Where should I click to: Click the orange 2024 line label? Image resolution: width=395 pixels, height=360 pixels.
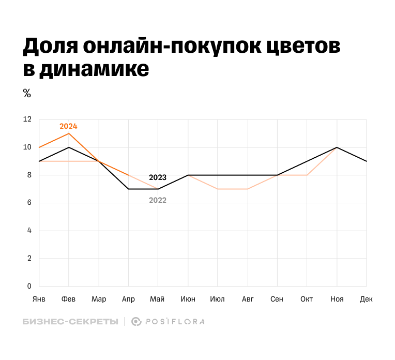[68, 126]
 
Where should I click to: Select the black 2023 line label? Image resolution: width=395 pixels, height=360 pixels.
[158, 177]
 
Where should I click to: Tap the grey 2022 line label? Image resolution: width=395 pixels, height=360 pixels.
[158, 200]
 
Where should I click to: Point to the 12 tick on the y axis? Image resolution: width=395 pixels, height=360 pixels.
[27, 119]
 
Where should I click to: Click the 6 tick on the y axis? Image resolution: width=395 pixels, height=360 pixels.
[29, 203]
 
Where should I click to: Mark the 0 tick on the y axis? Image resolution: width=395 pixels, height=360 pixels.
[29, 286]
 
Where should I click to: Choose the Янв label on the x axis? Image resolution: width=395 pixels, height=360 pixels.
[39, 299]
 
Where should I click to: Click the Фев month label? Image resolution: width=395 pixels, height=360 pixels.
[69, 299]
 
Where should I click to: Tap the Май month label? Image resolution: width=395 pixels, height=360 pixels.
[158, 299]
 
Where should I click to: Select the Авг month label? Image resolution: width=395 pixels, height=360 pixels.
[248, 299]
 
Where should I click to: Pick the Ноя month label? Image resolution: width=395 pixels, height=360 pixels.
[337, 299]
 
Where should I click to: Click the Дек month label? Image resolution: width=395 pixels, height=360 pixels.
[367, 299]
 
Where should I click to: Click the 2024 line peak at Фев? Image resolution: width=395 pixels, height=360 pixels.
[69, 133]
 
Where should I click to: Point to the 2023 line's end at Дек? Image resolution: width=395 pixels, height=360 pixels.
[367, 161]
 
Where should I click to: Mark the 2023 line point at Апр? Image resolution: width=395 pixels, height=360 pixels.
[128, 189]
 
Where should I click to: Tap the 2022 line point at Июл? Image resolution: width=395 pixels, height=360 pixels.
[218, 189]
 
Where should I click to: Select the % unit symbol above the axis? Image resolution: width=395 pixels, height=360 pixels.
[27, 94]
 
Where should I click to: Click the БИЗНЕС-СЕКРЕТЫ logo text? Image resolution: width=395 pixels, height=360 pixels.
[70, 322]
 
